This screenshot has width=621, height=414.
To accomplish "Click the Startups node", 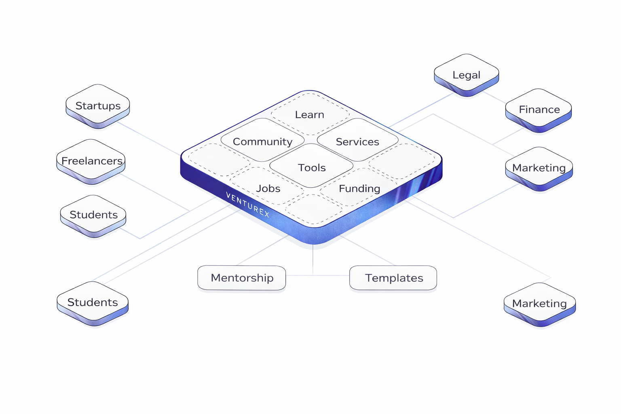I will [98, 106].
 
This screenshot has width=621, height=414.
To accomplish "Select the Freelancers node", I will [91, 161].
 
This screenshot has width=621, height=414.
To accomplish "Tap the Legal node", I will [466, 75].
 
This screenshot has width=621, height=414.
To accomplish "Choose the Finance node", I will [539, 109].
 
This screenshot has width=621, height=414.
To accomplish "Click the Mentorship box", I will [242, 278].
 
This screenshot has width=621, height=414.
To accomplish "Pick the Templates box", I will [393, 278].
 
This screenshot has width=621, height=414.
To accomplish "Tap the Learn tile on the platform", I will [310, 114].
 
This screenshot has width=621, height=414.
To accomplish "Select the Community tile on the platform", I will [262, 141].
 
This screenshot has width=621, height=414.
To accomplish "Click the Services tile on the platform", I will [357, 141].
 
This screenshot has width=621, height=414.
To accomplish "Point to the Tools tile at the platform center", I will [311, 167].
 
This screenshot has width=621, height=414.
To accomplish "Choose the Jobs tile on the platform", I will [268, 188].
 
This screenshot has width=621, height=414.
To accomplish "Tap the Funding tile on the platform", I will [359, 188].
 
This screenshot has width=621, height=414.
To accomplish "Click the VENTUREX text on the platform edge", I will [247, 205].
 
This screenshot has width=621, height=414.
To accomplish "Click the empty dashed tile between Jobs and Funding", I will [313, 209].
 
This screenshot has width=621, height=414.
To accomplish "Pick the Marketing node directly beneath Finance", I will [539, 167].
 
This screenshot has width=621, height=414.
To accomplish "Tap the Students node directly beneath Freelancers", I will [93, 214].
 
